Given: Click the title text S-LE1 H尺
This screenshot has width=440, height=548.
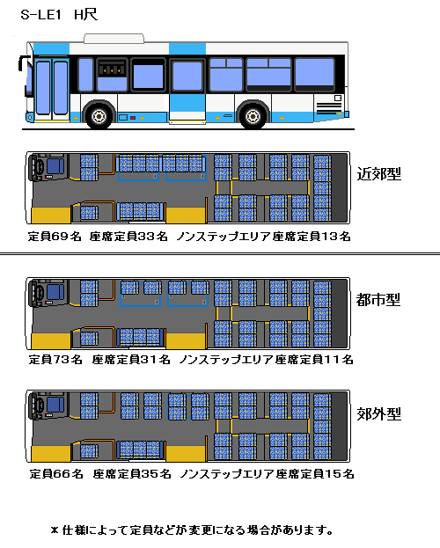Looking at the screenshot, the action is click(x=59, y=15).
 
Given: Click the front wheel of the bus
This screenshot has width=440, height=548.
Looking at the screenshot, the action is click(x=99, y=116).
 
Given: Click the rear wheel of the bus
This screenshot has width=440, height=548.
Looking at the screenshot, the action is click(x=253, y=116).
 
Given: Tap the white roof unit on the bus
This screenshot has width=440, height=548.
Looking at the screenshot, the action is click(x=114, y=39).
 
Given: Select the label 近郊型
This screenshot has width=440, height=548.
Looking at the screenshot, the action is click(x=378, y=173).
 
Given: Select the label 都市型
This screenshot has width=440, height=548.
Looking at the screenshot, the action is click(x=378, y=300).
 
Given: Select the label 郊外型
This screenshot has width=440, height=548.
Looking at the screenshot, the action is click(x=378, y=414).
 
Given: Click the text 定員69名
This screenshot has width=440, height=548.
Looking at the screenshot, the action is click(x=55, y=237).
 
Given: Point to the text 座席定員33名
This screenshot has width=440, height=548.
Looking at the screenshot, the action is click(x=128, y=237).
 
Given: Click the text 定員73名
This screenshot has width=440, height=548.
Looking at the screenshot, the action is click(x=55, y=359).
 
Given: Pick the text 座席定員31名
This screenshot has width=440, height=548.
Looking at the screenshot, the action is click(x=131, y=359).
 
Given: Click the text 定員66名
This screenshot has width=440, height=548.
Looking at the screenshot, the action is click(x=56, y=474).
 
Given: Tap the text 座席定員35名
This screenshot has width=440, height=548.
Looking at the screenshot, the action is click(x=132, y=474).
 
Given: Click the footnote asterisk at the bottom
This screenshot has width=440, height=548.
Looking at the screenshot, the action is click(x=55, y=530).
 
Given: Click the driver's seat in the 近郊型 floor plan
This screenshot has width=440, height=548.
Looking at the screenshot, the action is click(x=55, y=166).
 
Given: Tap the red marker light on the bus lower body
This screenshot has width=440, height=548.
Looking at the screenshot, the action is click(x=133, y=118).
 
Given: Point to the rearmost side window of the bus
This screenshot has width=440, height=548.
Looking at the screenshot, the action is click(x=314, y=72).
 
